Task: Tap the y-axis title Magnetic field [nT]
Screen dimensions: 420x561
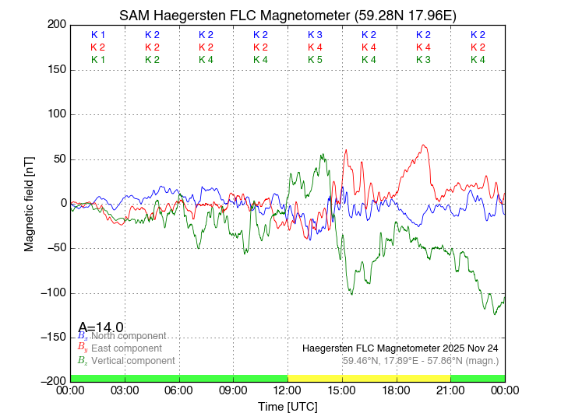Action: point(29,202)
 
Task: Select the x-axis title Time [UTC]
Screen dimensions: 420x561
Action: point(288,407)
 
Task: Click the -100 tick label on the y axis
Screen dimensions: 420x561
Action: point(52,293)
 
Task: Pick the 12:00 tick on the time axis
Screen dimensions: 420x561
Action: point(288,390)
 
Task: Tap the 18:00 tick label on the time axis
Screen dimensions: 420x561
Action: point(396,390)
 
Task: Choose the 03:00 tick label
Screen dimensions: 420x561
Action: point(125,390)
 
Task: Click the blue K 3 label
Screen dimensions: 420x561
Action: point(315,35)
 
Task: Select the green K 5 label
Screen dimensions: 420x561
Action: point(315,60)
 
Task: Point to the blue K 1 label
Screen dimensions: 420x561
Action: point(98,35)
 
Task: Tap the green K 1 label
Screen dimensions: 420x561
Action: point(98,60)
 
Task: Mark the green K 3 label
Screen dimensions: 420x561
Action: point(423,60)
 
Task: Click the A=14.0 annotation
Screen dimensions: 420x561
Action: point(101,327)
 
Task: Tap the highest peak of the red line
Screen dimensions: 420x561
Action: point(424,145)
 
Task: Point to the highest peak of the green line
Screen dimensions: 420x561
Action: point(323,155)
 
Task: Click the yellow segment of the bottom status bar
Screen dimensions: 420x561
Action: point(369,377)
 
